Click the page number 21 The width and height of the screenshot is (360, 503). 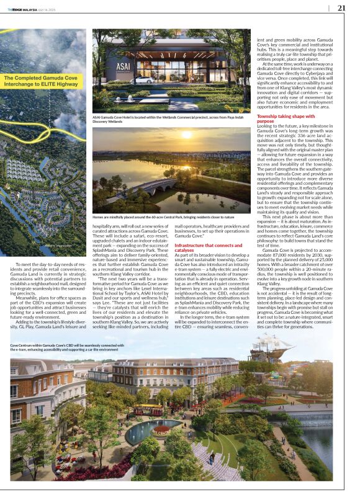(341, 8)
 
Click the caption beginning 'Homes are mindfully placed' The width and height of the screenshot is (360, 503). (163, 217)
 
